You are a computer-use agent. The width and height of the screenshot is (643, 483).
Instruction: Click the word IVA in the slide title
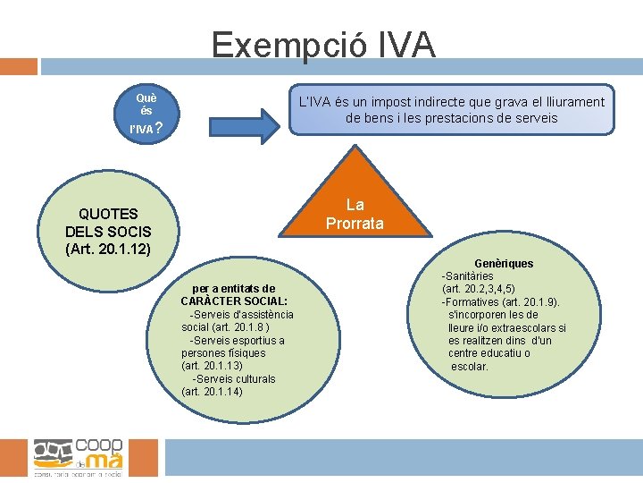coord(405,44)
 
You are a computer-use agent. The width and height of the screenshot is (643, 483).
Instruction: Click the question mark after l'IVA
coord(158,129)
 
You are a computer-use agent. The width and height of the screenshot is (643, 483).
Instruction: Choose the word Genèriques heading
coord(504,264)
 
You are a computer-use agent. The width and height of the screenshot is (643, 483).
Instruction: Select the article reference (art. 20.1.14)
coord(212,392)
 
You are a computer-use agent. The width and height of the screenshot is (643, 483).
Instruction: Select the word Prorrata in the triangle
coord(355,224)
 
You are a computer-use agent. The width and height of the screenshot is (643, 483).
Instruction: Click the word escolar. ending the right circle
coord(470,367)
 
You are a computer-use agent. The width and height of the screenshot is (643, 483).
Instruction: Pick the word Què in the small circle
coord(146,97)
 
